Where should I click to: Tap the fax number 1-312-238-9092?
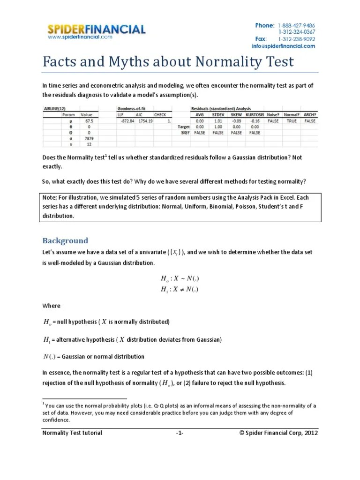point(296,39)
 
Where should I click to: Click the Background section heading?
point(65,240)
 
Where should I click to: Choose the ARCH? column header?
point(310,114)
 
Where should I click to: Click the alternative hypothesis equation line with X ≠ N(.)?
point(180,289)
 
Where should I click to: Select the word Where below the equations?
point(52,306)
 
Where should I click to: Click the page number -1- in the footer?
point(180,433)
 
